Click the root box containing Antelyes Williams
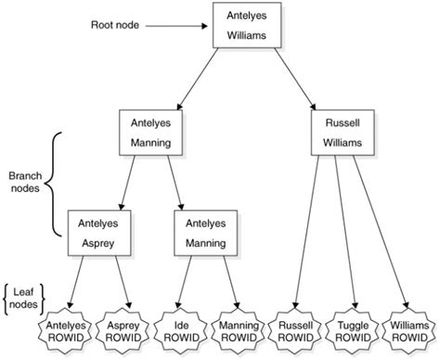click(x=246, y=27)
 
